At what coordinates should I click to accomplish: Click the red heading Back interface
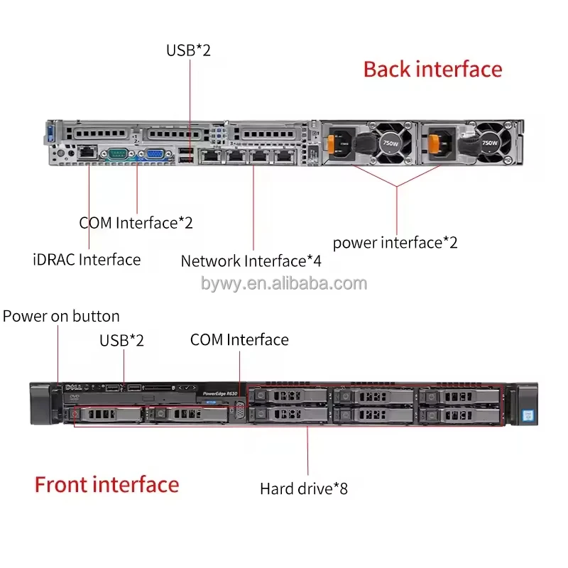432,69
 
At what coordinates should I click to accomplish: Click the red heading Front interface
106,485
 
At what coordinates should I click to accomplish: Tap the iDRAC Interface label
87,259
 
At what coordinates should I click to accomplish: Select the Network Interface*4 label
251,261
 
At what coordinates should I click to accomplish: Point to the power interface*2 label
395,243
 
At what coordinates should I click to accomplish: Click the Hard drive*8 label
303,488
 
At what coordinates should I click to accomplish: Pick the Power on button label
61,316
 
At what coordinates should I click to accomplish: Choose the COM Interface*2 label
136,222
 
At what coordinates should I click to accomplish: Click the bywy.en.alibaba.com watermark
284,284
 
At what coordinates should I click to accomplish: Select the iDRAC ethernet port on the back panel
87,151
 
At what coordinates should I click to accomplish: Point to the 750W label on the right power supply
489,142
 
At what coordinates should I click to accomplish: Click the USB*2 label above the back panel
188,50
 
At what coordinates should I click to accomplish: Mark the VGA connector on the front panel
239,411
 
